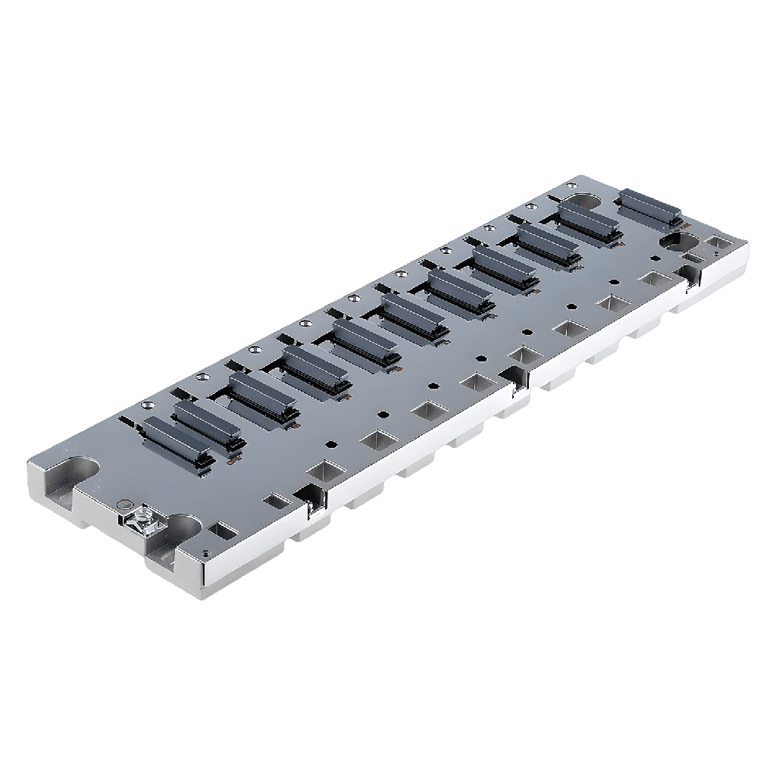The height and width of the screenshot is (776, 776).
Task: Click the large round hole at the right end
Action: [x=680, y=242]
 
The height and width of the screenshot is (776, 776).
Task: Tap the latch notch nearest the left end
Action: [x=313, y=497]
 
